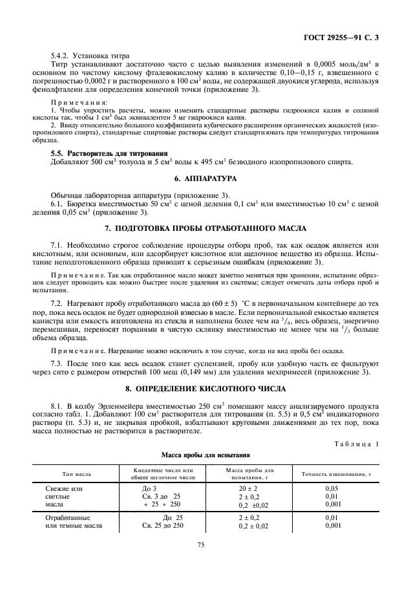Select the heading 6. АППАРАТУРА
[x=205, y=177]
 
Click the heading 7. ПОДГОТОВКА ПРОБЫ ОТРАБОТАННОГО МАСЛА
[x=205, y=229]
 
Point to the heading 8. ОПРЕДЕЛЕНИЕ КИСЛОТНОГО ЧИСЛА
[x=205, y=388]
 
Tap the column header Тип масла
[x=76, y=474]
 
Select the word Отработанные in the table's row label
[x=68, y=518]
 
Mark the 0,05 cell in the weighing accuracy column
[x=332, y=488]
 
